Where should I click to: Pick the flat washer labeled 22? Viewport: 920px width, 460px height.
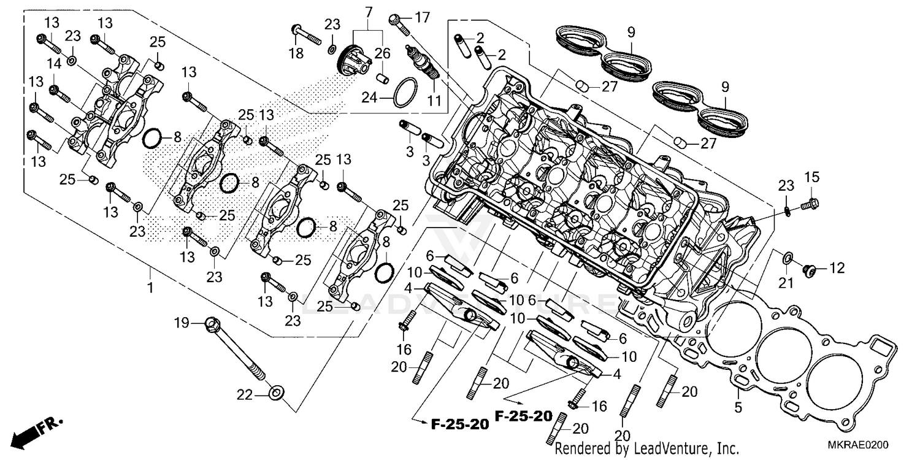point(276,392)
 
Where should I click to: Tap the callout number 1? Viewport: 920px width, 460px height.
point(149,287)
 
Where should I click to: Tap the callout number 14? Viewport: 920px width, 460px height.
point(53,64)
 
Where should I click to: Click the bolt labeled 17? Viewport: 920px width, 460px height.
point(397,23)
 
